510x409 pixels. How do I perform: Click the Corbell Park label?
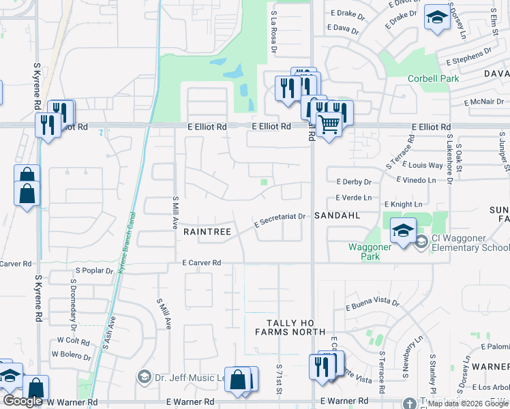[x=433, y=78]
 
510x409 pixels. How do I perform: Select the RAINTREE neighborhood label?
[x=207, y=232]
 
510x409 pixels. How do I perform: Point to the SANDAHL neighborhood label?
[x=336, y=215]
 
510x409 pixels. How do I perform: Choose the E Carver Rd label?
[x=202, y=262]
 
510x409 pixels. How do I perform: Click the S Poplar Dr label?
[x=94, y=271]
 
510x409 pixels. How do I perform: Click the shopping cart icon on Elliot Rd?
[x=329, y=124]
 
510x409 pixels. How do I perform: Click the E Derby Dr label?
[x=354, y=182]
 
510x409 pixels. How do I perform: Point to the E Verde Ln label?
[x=354, y=198]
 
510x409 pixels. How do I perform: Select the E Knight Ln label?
[x=403, y=204]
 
